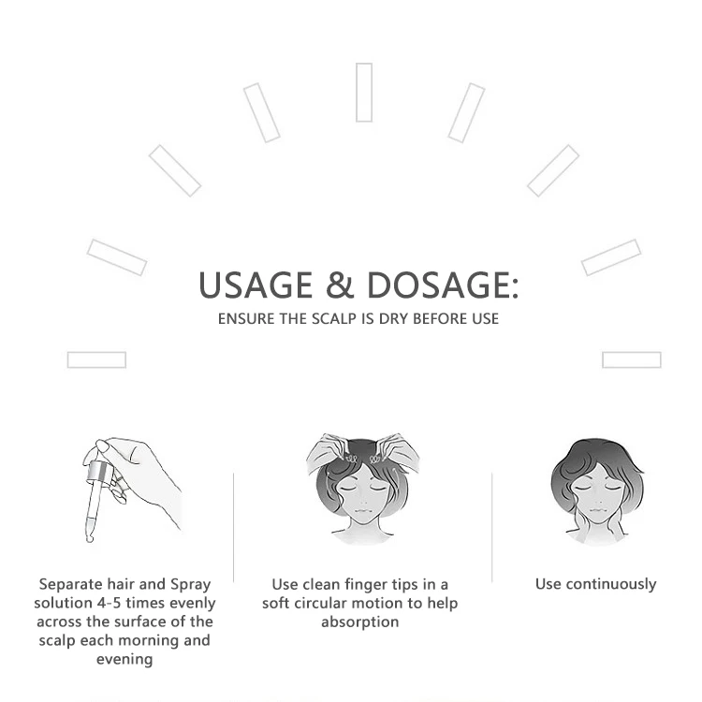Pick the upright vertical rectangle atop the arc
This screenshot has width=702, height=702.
(364, 93)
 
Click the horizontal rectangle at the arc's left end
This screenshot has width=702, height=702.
(96, 360)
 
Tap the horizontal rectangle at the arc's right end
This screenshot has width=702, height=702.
(632, 360)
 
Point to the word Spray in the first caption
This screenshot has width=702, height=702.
(190, 584)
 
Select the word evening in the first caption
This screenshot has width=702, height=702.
(124, 659)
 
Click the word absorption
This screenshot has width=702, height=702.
(359, 622)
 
